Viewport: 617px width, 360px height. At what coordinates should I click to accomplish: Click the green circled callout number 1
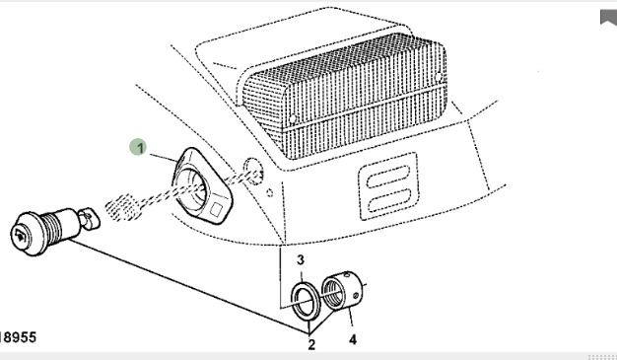coord(138,147)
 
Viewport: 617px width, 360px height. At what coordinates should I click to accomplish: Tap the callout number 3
coord(301,260)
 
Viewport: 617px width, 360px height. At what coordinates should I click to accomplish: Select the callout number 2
coord(311,344)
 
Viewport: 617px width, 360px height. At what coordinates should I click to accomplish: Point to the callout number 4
coord(353,339)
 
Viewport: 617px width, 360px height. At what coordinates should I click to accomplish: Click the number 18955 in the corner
coord(18,337)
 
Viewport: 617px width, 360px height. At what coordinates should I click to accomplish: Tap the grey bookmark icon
coord(608,18)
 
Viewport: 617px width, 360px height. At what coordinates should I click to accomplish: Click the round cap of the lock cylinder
coord(23,234)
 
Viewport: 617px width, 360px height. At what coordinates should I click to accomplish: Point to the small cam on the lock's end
coord(90,219)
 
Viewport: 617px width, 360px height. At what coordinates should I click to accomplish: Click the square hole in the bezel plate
coord(216,209)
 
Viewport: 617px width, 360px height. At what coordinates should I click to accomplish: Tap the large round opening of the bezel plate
coord(192,186)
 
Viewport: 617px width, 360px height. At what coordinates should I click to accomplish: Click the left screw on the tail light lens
coord(293,118)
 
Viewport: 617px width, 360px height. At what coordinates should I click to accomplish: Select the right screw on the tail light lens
coord(439,76)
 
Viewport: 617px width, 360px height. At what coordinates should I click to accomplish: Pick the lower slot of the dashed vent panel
coord(388,199)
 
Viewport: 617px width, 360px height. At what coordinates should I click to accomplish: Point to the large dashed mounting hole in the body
coord(253,171)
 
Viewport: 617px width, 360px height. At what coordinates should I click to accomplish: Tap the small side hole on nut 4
coord(356,296)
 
